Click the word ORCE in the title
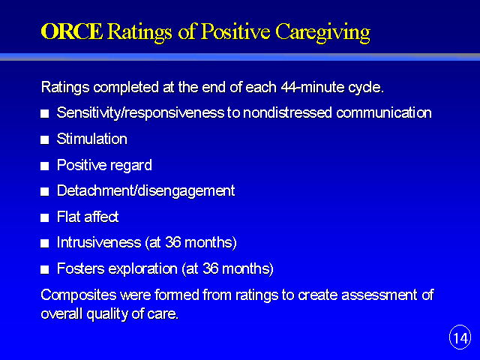point(72,31)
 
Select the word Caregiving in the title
point(322,32)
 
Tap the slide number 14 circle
point(460,337)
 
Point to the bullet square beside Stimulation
point(45,140)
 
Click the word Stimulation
point(91,139)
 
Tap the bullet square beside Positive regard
point(45,166)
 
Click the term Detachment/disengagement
point(145,191)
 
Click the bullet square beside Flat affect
point(45,218)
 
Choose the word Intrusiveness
point(99,243)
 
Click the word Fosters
point(81,268)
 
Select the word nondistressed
point(287,113)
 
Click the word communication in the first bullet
point(384,113)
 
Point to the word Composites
point(79,295)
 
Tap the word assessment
point(379,295)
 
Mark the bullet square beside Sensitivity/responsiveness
point(45,114)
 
